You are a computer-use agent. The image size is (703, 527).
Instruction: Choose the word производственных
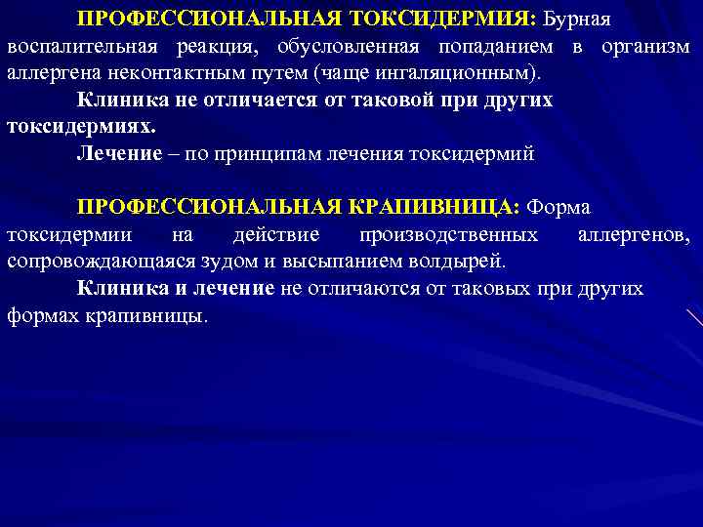tap(448, 235)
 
